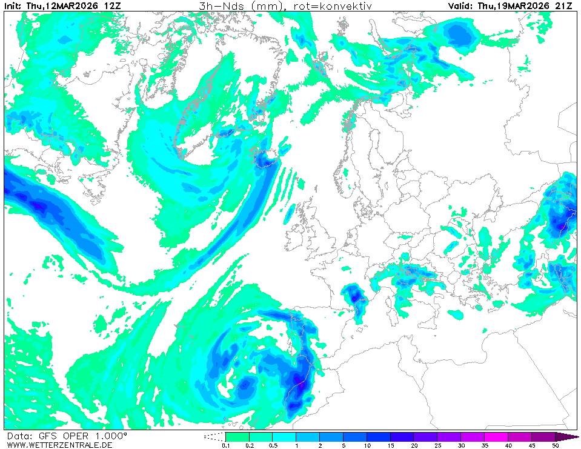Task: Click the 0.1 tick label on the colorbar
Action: pos(225,445)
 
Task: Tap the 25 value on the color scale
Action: pos(437,445)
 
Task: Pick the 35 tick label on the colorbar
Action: pos(485,445)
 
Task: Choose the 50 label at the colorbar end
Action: pos(556,445)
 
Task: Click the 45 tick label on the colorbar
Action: pos(532,445)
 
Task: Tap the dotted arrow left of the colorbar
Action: pos(213,436)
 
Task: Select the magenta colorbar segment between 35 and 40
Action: pos(496,436)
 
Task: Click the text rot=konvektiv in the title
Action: pos(337,6)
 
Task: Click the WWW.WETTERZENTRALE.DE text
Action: pos(59,445)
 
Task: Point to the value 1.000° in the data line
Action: pos(108,436)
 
